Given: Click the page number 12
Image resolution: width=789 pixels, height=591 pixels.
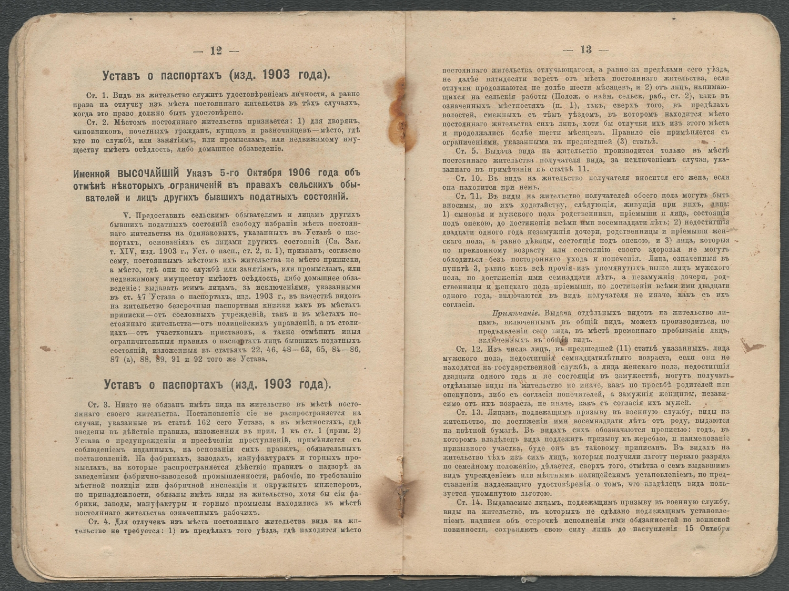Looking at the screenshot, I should pyautogui.click(x=216, y=50).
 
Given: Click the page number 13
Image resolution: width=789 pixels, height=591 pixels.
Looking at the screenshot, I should pyautogui.click(x=585, y=49).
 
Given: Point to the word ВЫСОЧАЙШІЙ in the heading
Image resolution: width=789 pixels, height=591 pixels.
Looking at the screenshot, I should pyautogui.click(x=148, y=173).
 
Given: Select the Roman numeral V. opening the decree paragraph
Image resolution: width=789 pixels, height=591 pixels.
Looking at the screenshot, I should pyautogui.click(x=125, y=216).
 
